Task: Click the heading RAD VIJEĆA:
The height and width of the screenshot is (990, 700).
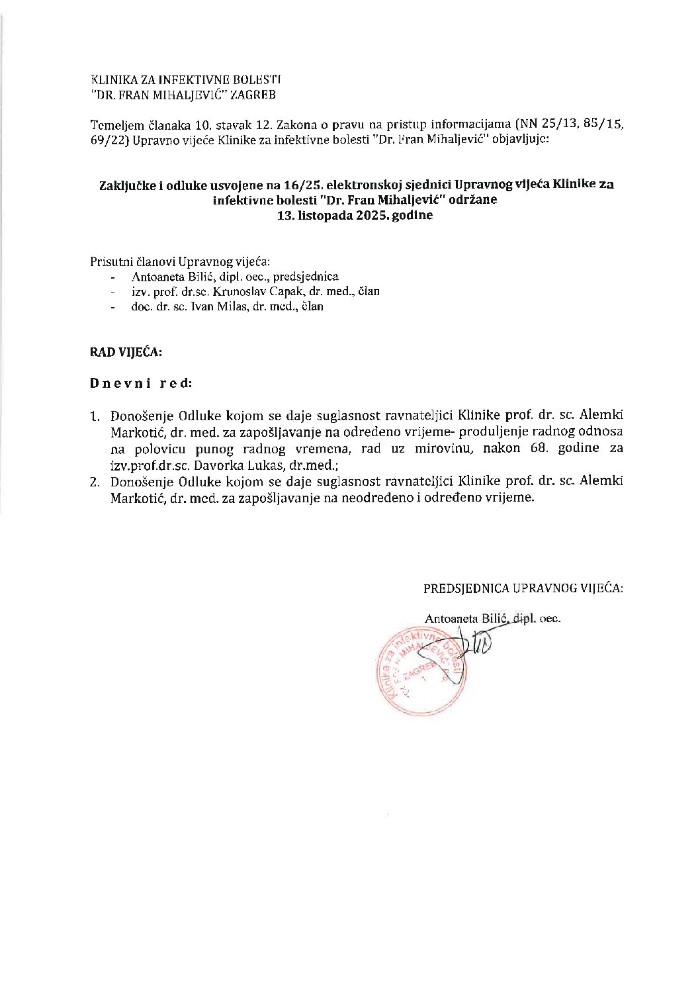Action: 126,352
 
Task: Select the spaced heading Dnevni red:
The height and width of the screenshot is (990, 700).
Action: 142,383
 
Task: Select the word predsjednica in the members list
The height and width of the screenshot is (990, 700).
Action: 309,277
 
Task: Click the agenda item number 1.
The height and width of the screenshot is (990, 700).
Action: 95,417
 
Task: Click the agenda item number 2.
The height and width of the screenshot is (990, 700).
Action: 95,482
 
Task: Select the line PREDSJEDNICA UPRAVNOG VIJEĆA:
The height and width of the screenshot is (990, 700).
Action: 523,588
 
